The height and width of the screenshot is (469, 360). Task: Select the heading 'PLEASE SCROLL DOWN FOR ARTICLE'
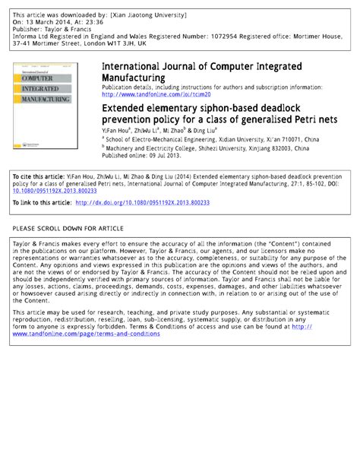(x=70, y=228)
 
